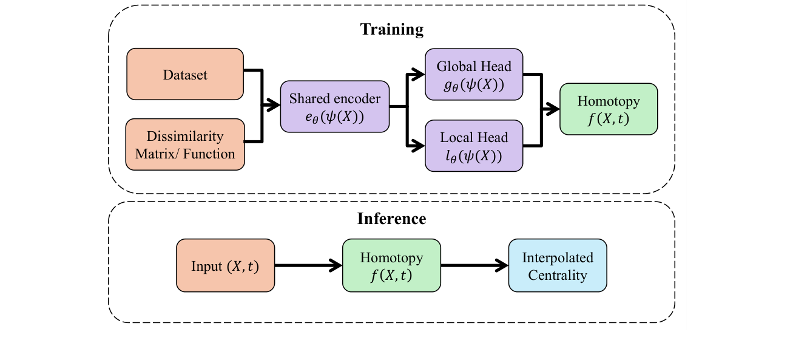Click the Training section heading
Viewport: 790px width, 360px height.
(391, 29)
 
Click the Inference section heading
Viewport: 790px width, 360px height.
(391, 219)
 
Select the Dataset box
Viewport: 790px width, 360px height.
(185, 74)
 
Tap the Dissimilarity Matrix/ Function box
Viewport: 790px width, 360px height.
(185, 144)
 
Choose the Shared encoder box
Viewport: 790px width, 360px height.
(334, 106)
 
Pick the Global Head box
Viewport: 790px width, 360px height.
(474, 74)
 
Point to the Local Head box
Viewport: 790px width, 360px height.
(474, 145)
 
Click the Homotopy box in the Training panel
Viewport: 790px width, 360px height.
(609, 109)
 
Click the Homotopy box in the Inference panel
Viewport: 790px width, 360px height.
(391, 265)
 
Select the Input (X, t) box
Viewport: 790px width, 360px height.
(225, 265)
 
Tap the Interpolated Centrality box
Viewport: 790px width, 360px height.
(558, 265)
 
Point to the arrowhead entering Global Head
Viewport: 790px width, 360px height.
(419, 74)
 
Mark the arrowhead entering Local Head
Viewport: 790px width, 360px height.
(419, 146)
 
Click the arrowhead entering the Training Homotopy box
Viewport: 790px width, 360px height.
(553, 109)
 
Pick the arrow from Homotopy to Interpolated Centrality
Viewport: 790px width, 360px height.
(474, 265)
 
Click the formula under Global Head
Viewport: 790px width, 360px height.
(474, 84)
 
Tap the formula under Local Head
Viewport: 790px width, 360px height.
(474, 156)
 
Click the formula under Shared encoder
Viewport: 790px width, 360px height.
(334, 117)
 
